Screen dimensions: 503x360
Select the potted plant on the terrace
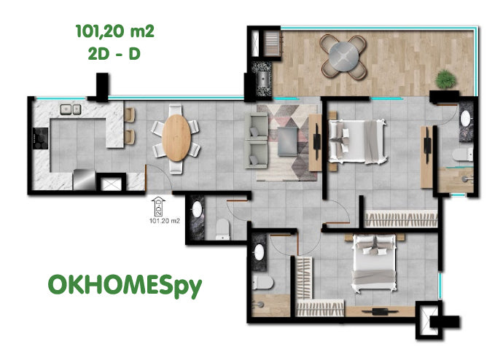click(445, 79)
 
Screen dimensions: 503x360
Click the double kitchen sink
click(71, 109)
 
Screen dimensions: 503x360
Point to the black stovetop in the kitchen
click(40, 138)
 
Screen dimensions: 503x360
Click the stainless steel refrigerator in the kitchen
click(84, 180)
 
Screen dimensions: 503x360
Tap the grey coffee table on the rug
click(288, 141)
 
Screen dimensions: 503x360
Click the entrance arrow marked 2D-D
click(159, 206)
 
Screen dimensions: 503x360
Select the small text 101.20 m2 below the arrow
click(165, 221)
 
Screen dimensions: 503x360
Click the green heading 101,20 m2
click(115, 31)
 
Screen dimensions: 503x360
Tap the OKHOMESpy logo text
click(125, 285)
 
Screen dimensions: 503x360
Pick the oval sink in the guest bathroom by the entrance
click(197, 210)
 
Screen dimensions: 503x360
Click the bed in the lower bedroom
click(374, 263)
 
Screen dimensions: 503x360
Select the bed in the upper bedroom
click(357, 141)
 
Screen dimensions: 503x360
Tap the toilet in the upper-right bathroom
click(463, 154)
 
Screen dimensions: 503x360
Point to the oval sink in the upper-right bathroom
click(466, 118)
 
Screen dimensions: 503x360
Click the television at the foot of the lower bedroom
click(380, 311)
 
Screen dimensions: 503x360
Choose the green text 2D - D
click(114, 54)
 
